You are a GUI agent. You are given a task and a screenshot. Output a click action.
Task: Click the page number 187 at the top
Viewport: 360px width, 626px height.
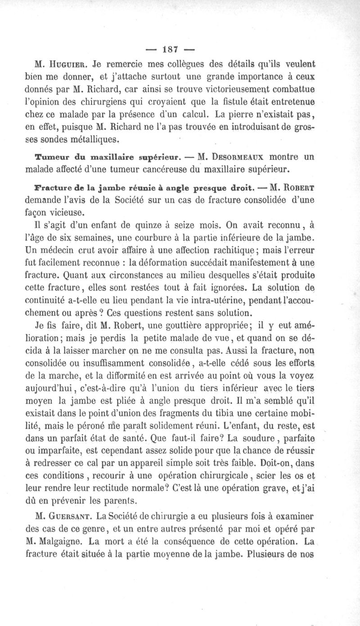[x=180, y=48]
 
